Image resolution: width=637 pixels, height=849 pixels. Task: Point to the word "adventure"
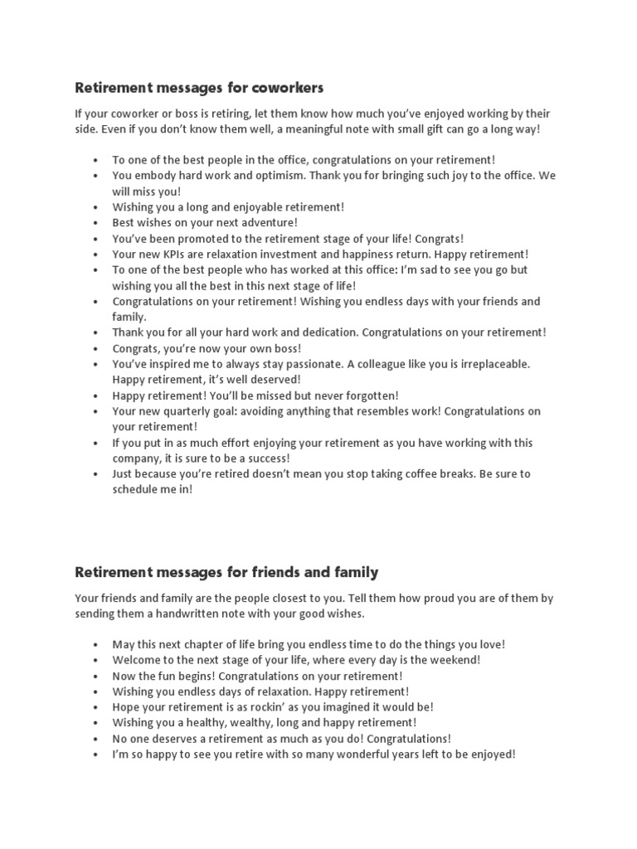(x=266, y=223)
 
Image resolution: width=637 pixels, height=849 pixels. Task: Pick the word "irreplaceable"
(x=489, y=364)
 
